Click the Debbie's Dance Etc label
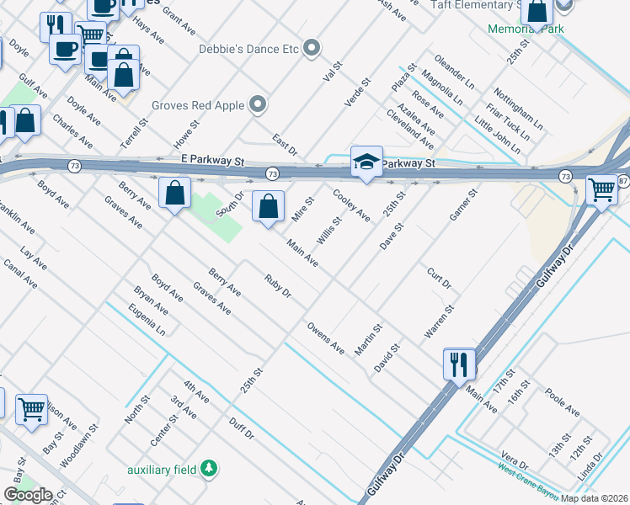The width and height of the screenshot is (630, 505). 248,49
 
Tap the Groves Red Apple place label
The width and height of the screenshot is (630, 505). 198,105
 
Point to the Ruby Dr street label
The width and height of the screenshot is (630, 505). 277,287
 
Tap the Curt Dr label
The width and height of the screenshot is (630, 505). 440,279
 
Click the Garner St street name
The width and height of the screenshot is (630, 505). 463,205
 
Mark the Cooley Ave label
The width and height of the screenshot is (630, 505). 351,205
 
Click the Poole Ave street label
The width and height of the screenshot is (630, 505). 562,402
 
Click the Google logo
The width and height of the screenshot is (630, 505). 28,495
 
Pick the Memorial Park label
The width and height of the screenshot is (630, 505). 526,29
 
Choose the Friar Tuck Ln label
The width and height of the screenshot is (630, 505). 508,123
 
